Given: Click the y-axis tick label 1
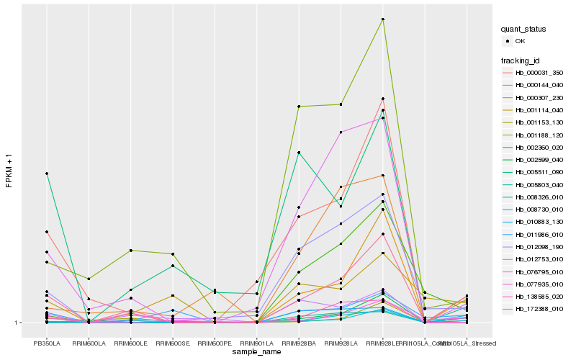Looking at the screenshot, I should point(17,323).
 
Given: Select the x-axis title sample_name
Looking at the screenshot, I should point(256,353).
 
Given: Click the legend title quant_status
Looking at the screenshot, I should point(524,29).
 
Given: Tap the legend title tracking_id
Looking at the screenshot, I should point(521,60).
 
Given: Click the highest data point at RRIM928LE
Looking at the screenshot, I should point(383,19).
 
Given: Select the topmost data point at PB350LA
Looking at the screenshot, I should point(46,174).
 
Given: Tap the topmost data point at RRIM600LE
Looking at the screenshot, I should point(130,250).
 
